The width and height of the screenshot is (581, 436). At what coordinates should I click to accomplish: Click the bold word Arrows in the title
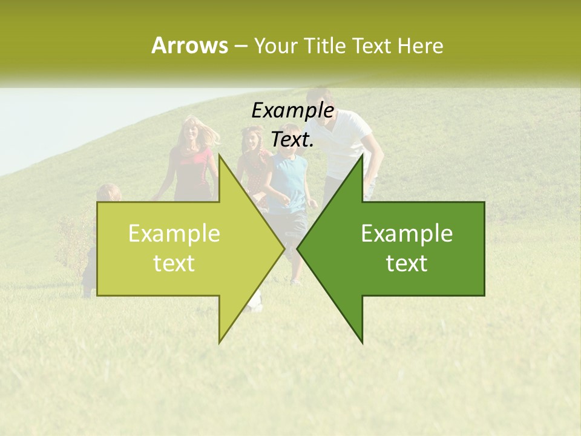coord(189,45)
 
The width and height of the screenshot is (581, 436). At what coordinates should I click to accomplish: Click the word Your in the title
coord(275,45)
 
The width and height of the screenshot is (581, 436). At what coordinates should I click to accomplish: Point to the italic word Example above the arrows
coord(292,111)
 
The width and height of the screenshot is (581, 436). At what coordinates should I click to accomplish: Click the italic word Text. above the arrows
coord(292,140)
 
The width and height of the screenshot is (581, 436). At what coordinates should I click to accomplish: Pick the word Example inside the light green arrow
coord(174,234)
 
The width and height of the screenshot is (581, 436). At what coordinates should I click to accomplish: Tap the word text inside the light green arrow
coord(174,263)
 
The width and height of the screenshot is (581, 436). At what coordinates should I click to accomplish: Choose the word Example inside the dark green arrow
coord(407,234)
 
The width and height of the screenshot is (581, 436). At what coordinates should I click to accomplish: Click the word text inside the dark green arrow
coord(407,263)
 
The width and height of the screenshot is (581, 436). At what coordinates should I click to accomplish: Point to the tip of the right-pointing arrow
coord(284,248)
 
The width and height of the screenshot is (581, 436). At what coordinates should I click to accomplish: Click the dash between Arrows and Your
coord(241,46)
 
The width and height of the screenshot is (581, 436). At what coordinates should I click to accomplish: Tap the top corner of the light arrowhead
coord(220,155)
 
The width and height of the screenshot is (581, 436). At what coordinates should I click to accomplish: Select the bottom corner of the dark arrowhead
coord(363,342)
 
